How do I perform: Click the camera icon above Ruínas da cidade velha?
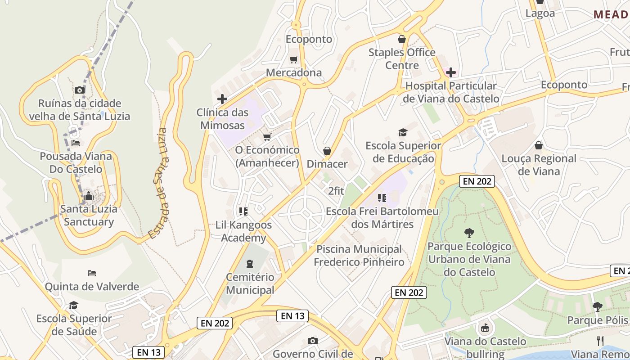tap(80, 90)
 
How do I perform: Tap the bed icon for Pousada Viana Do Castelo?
tap(76, 143)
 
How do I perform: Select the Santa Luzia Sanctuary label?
tap(89, 215)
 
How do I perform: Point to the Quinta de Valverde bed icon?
tap(92, 273)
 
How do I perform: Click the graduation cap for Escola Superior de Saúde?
tap(73, 306)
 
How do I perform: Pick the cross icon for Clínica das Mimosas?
tap(222, 99)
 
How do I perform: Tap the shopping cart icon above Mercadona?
tap(294, 59)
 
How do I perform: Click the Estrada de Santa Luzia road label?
tap(160, 184)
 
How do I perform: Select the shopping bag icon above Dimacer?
tap(327, 151)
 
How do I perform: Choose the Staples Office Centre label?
tap(402, 58)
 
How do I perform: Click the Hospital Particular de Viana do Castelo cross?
tap(450, 72)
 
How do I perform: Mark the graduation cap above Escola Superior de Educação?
tap(403, 132)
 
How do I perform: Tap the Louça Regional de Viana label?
tap(539, 165)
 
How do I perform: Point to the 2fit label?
tap(336, 191)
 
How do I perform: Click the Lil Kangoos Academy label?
tap(243, 231)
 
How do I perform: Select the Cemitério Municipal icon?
tap(250, 263)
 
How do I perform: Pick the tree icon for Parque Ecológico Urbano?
tap(469, 233)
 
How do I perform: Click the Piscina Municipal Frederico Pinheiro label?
tap(359, 255)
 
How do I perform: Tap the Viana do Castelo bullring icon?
tap(485, 328)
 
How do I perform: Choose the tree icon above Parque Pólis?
tap(597, 307)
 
